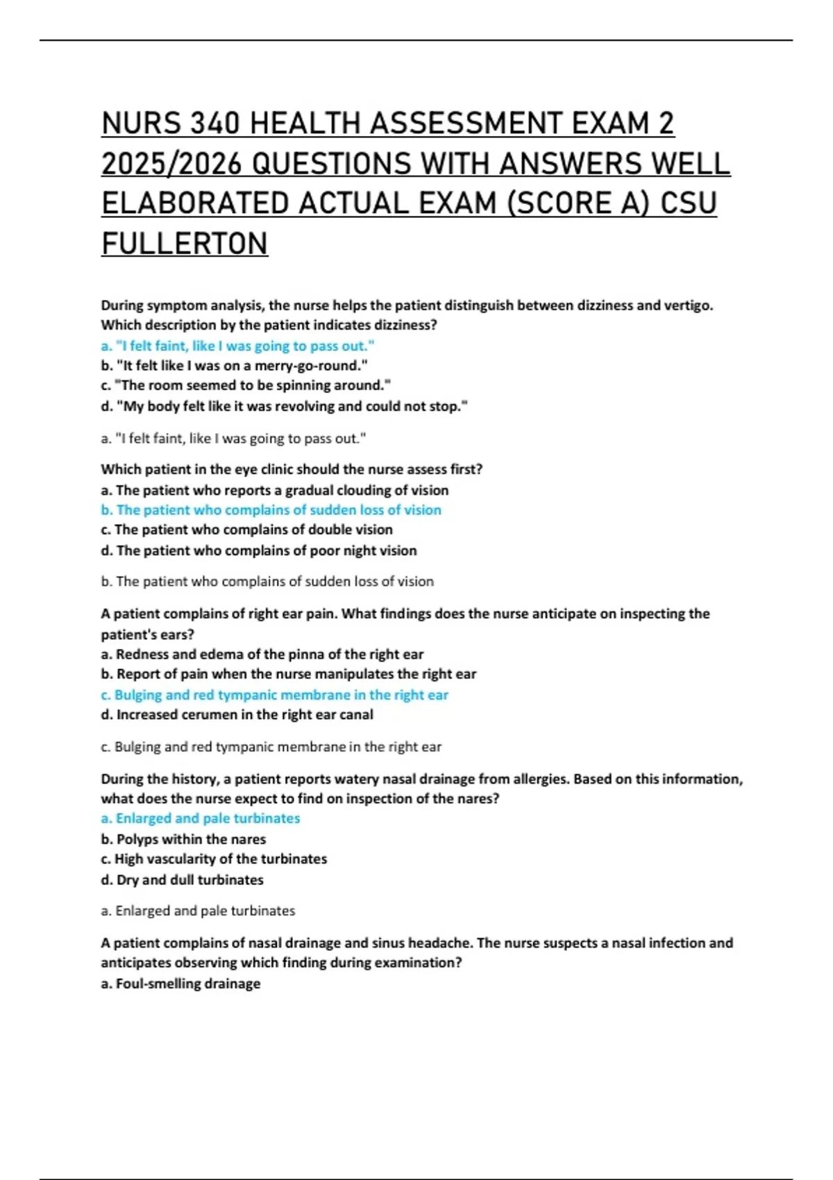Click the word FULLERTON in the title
[x=184, y=244]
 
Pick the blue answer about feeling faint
[x=237, y=346]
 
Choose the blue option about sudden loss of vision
[x=271, y=510]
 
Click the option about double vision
[x=246, y=530]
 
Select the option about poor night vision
[x=259, y=550]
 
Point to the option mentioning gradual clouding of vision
[x=274, y=490]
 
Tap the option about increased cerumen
[x=237, y=714]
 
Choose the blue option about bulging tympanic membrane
[x=274, y=695]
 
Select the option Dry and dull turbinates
[x=182, y=879]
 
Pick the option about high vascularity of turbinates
[x=214, y=859]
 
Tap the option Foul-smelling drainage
[x=180, y=984]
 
